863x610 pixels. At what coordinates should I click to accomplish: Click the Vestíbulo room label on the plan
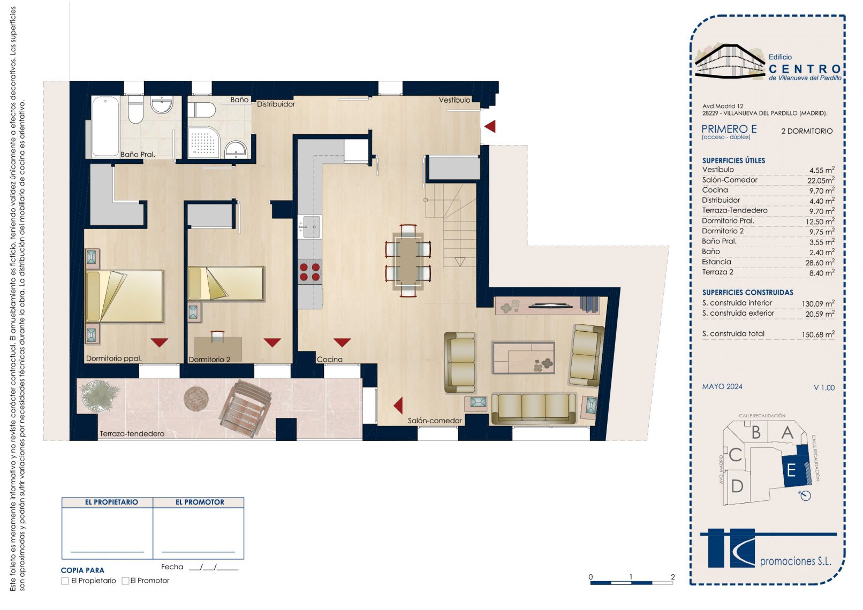[x=454, y=100]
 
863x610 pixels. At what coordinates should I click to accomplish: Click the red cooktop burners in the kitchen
[x=310, y=271]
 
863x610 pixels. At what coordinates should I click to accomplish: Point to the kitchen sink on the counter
[x=310, y=227]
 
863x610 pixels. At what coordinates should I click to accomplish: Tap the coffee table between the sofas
[x=523, y=357]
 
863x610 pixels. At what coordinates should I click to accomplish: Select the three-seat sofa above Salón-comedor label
[x=533, y=408]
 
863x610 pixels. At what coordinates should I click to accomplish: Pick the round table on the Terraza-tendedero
[x=196, y=398]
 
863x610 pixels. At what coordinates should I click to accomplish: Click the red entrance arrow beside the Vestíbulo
[x=490, y=126]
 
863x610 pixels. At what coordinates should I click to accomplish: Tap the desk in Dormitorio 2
[x=218, y=349]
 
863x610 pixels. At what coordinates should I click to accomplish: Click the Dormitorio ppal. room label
[x=113, y=359]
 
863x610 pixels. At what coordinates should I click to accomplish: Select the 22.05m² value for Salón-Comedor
[x=821, y=180]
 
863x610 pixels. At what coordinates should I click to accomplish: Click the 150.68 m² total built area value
[x=818, y=334]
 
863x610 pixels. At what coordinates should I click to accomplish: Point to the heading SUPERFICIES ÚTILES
[x=733, y=161]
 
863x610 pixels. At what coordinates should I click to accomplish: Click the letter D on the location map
[x=737, y=486]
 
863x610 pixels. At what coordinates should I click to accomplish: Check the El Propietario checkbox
[x=65, y=581]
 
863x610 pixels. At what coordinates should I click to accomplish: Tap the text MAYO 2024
[x=722, y=387]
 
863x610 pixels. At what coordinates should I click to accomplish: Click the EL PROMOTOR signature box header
[x=200, y=502]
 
